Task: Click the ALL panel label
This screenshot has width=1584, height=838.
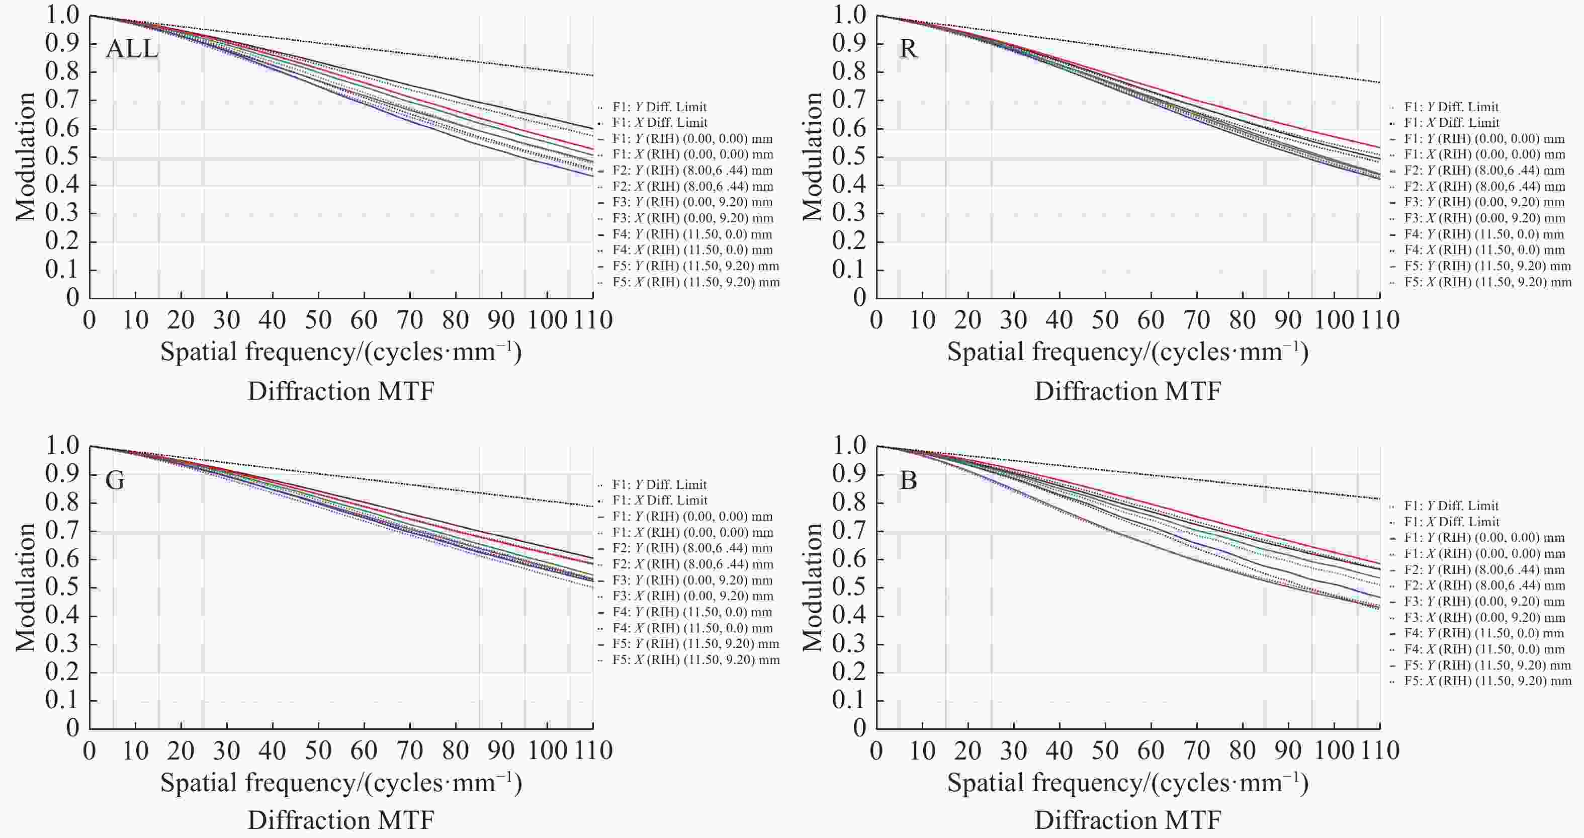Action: (132, 49)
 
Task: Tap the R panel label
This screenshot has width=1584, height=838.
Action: (908, 49)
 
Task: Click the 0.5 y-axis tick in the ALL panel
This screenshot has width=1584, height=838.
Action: (62, 157)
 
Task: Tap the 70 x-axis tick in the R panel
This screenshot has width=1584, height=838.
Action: (1197, 320)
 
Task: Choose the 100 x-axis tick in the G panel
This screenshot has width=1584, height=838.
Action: (547, 750)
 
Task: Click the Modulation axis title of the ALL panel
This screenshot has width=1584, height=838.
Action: (26, 157)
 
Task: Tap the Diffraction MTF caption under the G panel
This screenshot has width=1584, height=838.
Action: (341, 821)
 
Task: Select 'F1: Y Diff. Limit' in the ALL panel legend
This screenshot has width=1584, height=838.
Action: (659, 107)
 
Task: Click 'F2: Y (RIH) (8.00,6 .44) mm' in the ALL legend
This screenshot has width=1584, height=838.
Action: (692, 171)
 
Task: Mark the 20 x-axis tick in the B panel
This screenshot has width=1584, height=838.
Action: (968, 750)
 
